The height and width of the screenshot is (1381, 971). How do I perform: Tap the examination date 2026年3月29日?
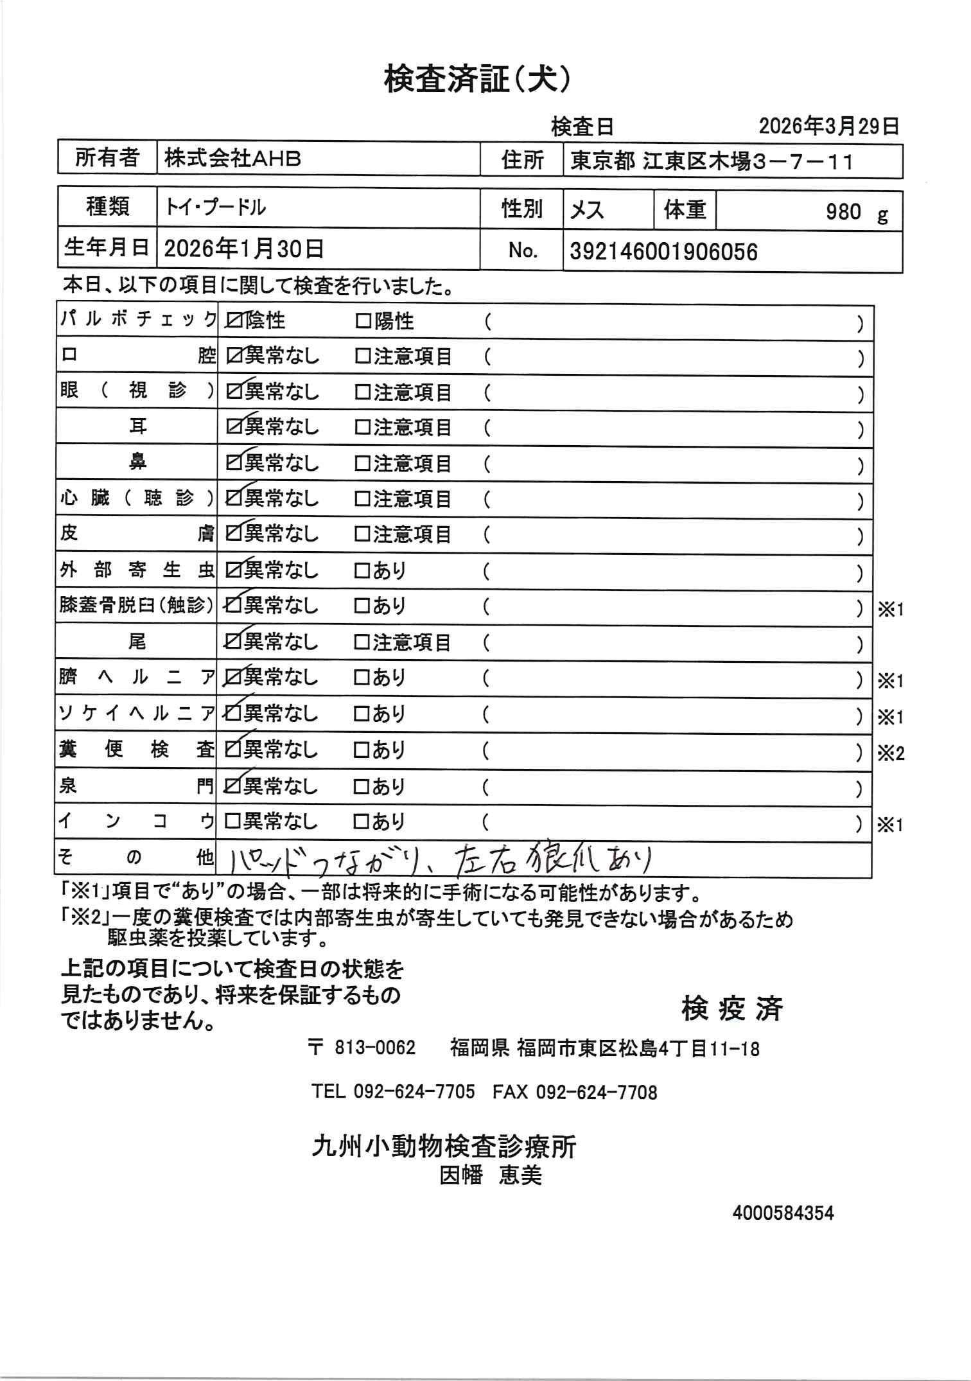coord(828,126)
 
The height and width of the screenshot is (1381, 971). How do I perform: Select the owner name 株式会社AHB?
coord(232,159)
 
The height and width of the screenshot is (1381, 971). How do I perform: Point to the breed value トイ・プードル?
coord(216,207)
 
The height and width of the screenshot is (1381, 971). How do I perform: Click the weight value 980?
coord(843,211)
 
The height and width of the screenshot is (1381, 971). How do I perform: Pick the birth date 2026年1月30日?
coord(244,249)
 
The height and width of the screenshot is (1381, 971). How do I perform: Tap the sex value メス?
coord(587,210)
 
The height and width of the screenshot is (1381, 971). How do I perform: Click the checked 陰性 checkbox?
coord(234,321)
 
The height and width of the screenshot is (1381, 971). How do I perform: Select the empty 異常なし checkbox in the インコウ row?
coord(232,822)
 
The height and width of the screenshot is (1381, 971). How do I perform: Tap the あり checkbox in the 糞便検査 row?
coord(363,750)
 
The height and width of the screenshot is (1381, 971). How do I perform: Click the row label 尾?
coord(137,642)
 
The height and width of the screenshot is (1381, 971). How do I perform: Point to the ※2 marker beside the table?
coord(891,753)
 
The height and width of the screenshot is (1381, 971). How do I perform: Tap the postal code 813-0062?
coord(375,1048)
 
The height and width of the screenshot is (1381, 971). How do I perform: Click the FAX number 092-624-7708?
coord(596,1092)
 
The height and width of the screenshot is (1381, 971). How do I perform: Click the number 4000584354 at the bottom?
coord(783,1213)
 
